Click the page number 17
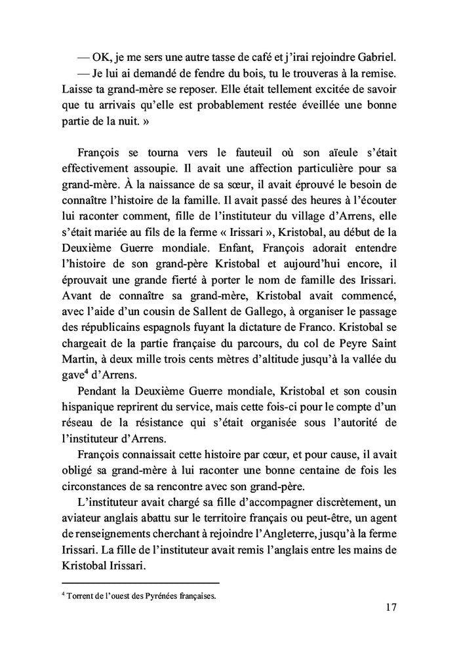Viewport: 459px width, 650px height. pyautogui.click(x=391, y=607)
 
